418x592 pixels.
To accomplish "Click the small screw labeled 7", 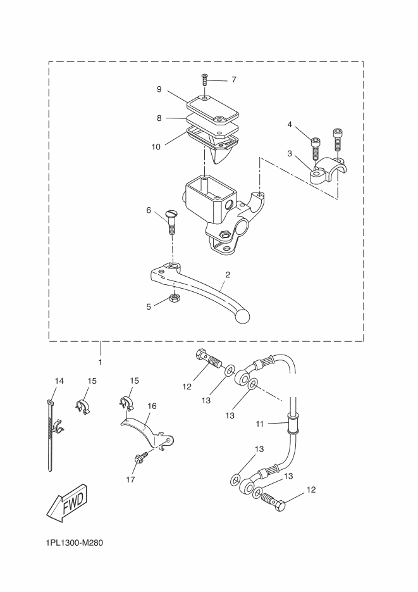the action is pyautogui.click(x=205, y=79).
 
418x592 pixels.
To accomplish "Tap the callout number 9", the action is pyautogui.click(x=159, y=89).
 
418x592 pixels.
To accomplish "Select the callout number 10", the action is pyautogui.click(x=156, y=147).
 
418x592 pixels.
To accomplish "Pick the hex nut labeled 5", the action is pyautogui.click(x=174, y=298).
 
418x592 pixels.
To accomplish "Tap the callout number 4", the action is pyautogui.click(x=290, y=124).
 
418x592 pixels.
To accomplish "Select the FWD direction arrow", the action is pyautogui.click(x=68, y=503).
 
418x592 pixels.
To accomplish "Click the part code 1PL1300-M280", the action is pyautogui.click(x=74, y=543).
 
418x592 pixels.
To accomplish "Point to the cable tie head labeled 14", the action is pyautogui.click(x=51, y=402).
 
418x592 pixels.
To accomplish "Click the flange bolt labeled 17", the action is pyautogui.click(x=140, y=457).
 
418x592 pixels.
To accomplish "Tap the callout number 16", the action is pyautogui.click(x=152, y=406).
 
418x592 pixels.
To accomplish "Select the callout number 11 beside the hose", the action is pyautogui.click(x=260, y=424).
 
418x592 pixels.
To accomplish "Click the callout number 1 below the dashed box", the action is pyautogui.click(x=101, y=362).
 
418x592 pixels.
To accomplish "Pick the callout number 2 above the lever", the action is pyautogui.click(x=228, y=275).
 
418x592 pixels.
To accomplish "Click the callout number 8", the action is pyautogui.click(x=159, y=118).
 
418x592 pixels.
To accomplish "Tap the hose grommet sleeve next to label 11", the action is pyautogui.click(x=293, y=424).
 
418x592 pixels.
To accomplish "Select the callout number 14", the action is pyautogui.click(x=59, y=381).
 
